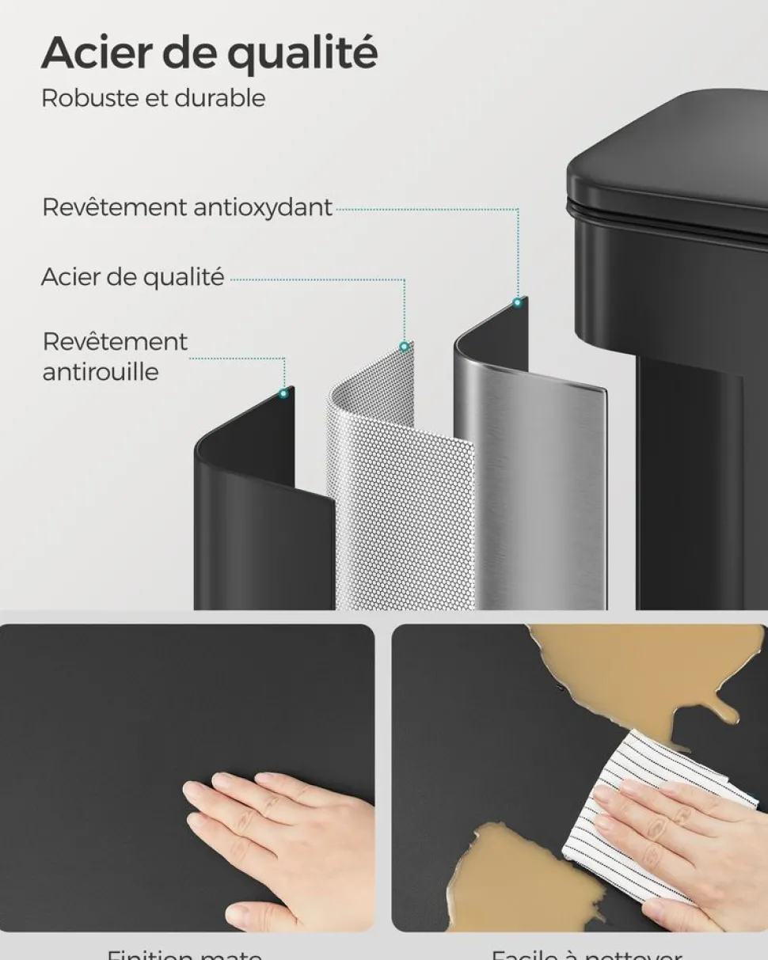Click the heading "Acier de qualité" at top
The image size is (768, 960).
209,53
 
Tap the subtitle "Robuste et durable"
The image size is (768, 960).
153,99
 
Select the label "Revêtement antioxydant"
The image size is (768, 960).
187,207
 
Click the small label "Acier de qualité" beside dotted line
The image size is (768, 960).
132,278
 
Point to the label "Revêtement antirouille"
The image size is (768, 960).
114,357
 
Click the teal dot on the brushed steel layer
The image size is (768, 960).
517,302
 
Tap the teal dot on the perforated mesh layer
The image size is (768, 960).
404,347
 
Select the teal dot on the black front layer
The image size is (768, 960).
283,393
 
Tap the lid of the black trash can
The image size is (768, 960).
673,158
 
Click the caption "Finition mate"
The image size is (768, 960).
184,952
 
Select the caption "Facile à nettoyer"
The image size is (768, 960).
586,952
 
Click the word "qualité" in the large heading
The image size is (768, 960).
302,53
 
